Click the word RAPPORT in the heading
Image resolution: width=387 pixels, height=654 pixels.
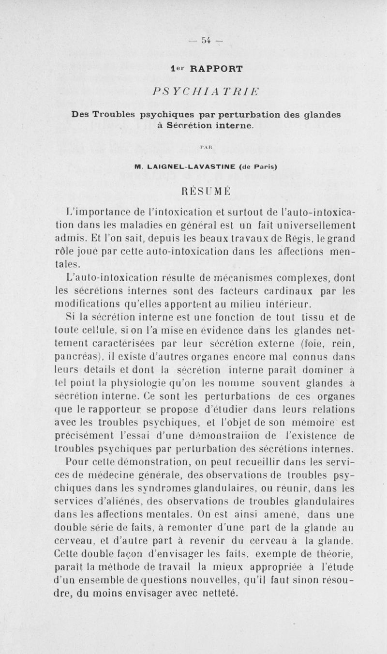[211, 69]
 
